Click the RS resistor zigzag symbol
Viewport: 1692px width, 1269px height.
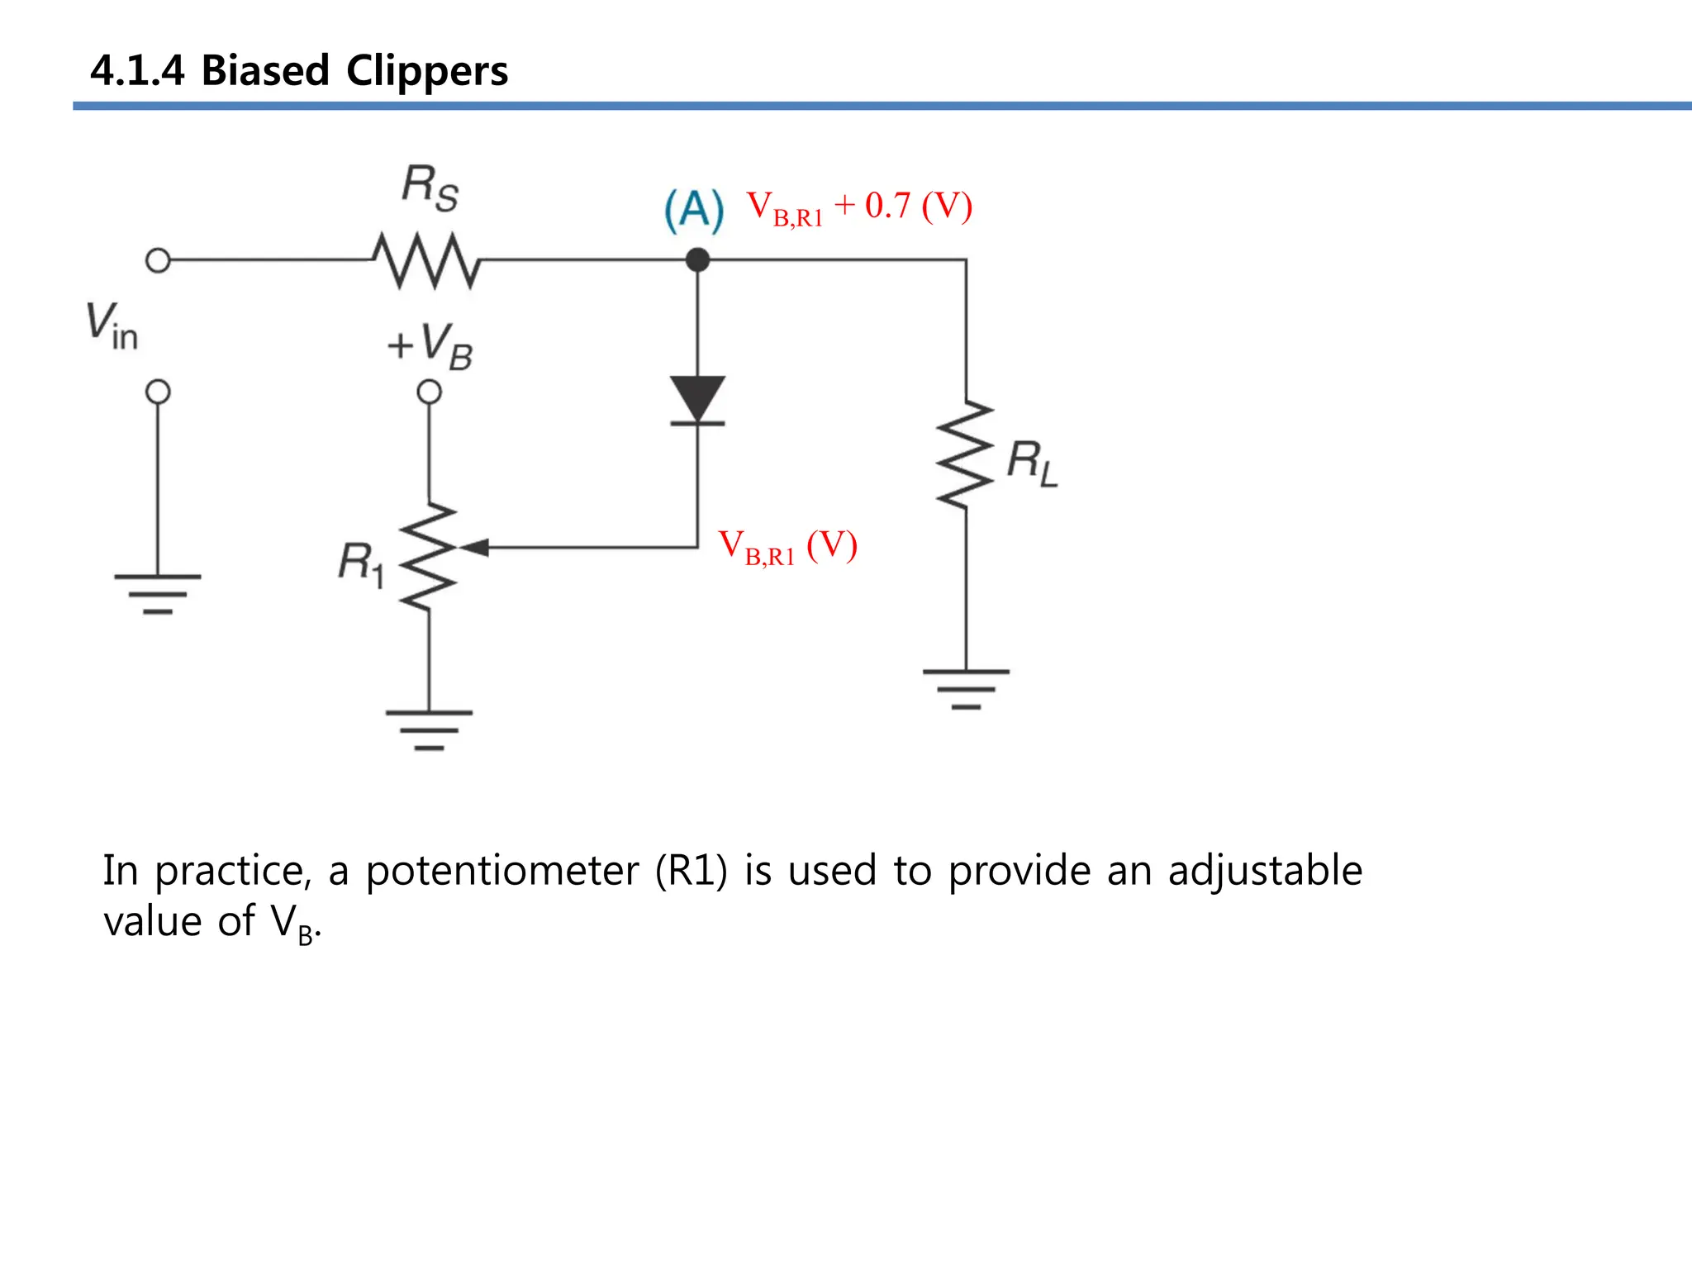pyautogui.click(x=426, y=260)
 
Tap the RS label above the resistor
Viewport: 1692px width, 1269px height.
pyautogui.click(x=430, y=188)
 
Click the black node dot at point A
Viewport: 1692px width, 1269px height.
pyautogui.click(x=697, y=260)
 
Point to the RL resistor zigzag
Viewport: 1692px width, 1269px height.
pyautogui.click(x=965, y=455)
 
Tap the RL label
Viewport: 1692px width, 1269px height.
pyautogui.click(x=1032, y=463)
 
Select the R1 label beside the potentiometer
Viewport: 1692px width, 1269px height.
pyautogui.click(x=361, y=563)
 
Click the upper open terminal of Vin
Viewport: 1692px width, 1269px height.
pyautogui.click(x=158, y=260)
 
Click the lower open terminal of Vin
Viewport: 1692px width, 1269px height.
pyautogui.click(x=158, y=391)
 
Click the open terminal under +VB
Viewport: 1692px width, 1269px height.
pyautogui.click(x=429, y=391)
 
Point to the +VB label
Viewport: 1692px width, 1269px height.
pyautogui.click(x=430, y=345)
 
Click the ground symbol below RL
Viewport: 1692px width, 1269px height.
pyautogui.click(x=966, y=688)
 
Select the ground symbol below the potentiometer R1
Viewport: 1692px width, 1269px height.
pyautogui.click(x=429, y=730)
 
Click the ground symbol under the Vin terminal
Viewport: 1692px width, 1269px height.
pyautogui.click(x=158, y=593)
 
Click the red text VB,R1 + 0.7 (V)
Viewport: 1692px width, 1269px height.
pyautogui.click(x=859, y=207)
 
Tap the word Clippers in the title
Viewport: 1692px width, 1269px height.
pyautogui.click(x=426, y=71)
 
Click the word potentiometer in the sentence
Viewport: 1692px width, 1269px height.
pyautogui.click(x=501, y=871)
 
